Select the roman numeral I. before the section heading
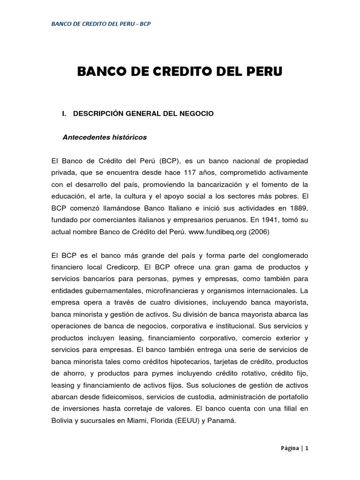pyautogui.click(x=66, y=114)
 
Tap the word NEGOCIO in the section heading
pyautogui.click(x=197, y=114)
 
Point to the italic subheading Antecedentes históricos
pyautogui.click(x=105, y=137)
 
